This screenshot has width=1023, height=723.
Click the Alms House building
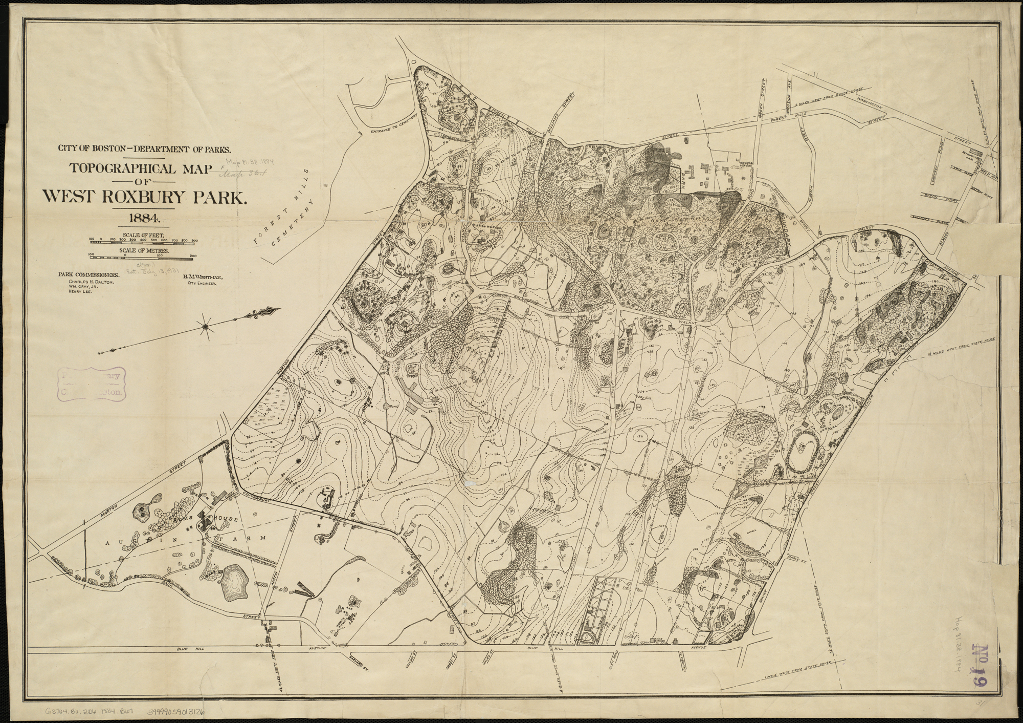[x=207, y=523]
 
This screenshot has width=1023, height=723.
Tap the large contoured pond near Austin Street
[x=234, y=582]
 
